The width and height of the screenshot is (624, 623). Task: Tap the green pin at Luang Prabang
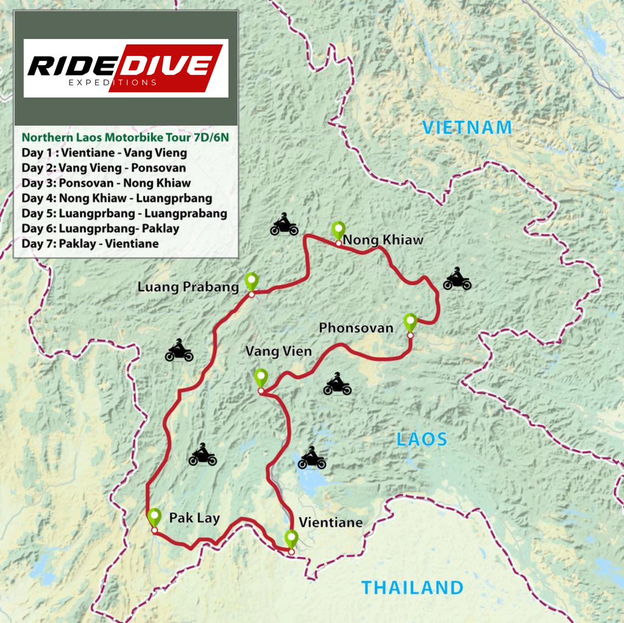(251, 281)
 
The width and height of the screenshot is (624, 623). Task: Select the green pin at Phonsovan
(410, 321)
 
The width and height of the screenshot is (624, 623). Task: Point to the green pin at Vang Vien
(260, 377)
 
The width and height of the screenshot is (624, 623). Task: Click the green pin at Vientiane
(291, 539)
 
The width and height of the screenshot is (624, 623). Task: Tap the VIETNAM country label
(467, 127)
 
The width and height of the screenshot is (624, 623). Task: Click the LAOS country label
(422, 439)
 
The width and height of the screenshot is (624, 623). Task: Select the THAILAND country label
(412, 588)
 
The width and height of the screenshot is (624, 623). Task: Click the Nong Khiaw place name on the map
(383, 240)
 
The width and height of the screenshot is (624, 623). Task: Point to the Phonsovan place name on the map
(356, 328)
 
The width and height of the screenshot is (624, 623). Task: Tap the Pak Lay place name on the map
(194, 519)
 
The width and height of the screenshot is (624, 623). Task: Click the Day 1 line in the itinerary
(104, 153)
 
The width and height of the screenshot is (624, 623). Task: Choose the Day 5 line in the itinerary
(124, 213)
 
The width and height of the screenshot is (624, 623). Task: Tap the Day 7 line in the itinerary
(90, 244)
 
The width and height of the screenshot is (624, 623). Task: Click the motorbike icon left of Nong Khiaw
(284, 225)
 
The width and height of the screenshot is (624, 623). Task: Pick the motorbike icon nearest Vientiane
(311, 458)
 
